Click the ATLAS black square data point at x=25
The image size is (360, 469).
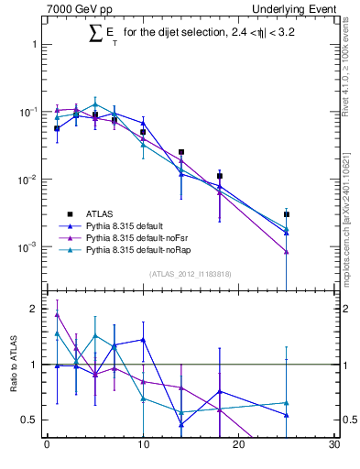pyautogui.click(x=287, y=214)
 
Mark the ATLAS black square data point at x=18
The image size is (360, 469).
pyautogui.click(x=220, y=176)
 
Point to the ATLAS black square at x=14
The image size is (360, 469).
pyautogui.click(x=181, y=152)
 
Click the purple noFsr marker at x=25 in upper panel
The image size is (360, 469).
pyautogui.click(x=287, y=252)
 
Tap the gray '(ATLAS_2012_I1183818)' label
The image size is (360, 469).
pyautogui.click(x=190, y=274)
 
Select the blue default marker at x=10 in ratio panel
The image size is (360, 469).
pyautogui.click(x=143, y=340)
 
